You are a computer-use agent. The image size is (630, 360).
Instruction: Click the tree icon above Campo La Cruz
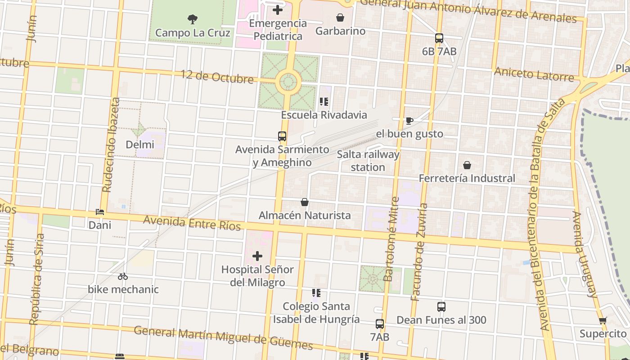click(x=193, y=19)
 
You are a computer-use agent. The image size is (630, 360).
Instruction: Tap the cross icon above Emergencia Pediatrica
click(x=278, y=9)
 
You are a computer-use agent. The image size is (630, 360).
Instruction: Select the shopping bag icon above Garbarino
click(x=340, y=18)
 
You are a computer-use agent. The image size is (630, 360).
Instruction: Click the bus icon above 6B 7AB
click(x=439, y=38)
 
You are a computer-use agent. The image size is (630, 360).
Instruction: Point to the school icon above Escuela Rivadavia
click(x=324, y=102)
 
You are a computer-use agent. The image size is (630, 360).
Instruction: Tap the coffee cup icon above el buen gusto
click(x=409, y=121)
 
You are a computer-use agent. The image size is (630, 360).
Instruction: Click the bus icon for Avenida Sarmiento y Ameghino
click(x=282, y=136)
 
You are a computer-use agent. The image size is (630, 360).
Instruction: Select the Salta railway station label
click(x=368, y=161)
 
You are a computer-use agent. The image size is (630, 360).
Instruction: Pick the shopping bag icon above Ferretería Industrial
click(x=467, y=165)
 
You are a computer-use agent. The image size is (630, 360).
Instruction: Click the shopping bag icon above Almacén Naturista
click(x=305, y=202)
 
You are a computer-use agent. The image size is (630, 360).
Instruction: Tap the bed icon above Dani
click(x=100, y=211)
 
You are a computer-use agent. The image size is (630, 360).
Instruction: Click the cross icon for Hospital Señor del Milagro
click(x=257, y=256)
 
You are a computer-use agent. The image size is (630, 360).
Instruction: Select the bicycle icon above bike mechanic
click(x=123, y=276)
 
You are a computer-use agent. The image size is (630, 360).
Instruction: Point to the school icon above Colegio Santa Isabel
click(x=316, y=293)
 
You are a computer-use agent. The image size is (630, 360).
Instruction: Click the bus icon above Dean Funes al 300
click(x=441, y=307)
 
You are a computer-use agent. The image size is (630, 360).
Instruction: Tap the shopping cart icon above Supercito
click(x=603, y=320)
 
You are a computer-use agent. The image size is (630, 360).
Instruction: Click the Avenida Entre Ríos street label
click(x=192, y=223)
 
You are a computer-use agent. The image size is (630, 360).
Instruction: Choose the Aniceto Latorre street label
click(x=534, y=74)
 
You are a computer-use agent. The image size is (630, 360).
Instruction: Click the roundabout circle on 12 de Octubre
click(x=288, y=82)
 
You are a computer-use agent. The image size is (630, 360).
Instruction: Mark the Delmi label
click(x=140, y=144)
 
